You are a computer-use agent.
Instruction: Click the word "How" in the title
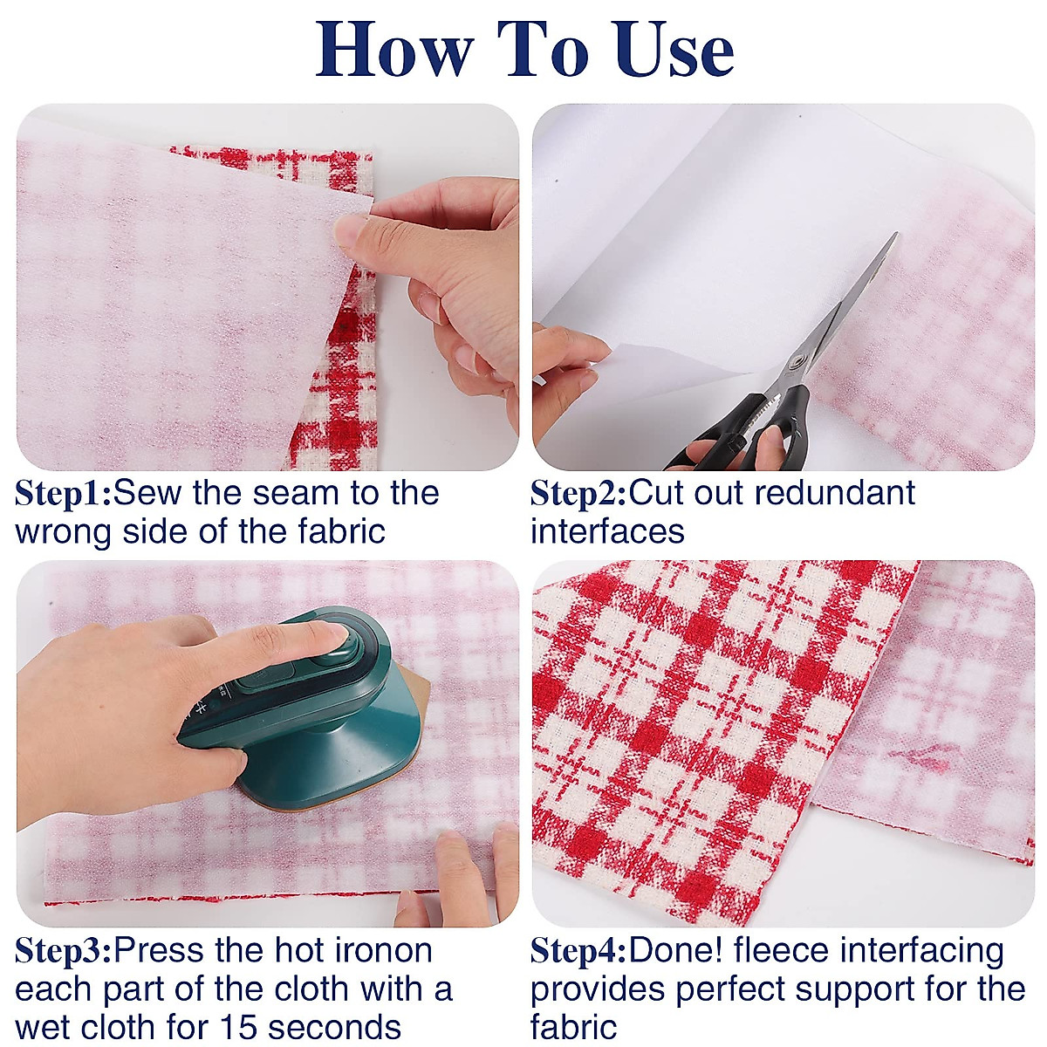(x=393, y=49)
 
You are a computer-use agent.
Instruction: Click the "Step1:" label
(x=63, y=494)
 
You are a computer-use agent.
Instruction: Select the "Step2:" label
(x=578, y=494)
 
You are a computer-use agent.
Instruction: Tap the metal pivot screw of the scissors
(x=796, y=363)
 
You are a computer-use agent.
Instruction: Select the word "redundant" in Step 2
(x=835, y=494)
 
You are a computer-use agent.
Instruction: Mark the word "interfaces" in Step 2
(x=607, y=532)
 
